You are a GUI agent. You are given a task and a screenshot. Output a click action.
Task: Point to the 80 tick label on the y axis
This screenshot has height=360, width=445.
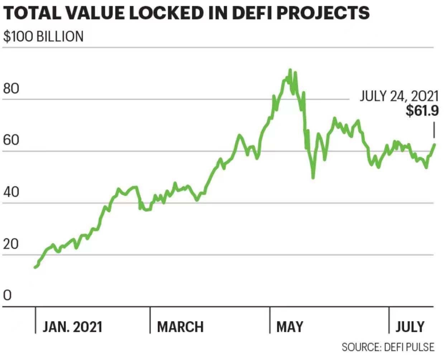[11, 88]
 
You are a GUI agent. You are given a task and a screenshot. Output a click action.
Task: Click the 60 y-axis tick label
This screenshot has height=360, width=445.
[11, 140]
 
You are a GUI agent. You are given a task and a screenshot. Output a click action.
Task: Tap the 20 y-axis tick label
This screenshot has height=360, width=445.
[11, 244]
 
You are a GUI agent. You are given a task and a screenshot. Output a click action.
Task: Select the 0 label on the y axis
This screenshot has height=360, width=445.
[7, 296]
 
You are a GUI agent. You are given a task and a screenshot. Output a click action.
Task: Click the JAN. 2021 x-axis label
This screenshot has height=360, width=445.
[72, 327]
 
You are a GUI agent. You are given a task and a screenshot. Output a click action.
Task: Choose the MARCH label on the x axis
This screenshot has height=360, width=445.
[180, 327]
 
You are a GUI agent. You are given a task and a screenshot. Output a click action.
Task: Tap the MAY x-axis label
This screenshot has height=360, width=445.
[290, 327]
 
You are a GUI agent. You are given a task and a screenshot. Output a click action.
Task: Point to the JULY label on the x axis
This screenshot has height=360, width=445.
[410, 327]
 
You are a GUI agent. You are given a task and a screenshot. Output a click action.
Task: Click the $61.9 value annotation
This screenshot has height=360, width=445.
[422, 111]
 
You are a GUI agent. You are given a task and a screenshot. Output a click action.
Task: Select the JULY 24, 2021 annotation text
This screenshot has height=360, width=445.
[399, 96]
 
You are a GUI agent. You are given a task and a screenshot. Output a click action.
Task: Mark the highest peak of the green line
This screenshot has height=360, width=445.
[290, 70]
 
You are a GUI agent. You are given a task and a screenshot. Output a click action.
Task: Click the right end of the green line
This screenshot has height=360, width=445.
[434, 145]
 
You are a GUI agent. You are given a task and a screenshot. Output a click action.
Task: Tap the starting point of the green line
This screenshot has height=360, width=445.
[35, 267]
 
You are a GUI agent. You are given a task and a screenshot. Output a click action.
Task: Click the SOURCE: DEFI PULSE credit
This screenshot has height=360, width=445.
[388, 347]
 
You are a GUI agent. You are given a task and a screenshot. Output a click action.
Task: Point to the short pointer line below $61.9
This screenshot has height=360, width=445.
[434, 130]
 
